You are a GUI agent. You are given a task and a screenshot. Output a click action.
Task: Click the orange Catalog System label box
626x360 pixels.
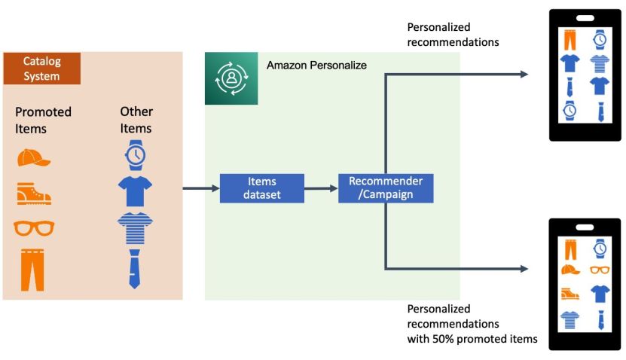point(41,69)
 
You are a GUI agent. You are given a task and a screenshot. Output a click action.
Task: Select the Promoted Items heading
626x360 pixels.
point(43,120)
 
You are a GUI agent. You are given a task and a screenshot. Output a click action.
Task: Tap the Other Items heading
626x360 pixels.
point(136,120)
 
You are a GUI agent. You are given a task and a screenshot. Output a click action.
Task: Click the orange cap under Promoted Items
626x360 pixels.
point(33,158)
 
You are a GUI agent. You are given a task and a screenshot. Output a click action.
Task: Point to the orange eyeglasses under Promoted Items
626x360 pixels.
point(34,227)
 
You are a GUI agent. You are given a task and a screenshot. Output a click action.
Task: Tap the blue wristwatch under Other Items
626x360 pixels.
point(136,154)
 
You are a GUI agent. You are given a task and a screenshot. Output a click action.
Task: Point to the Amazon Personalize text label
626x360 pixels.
point(316,66)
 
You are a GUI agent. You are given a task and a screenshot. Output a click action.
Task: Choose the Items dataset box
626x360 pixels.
point(261,188)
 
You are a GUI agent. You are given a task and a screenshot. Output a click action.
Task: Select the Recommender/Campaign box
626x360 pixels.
point(385,188)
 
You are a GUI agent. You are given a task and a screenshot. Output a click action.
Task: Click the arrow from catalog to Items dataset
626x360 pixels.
point(200,188)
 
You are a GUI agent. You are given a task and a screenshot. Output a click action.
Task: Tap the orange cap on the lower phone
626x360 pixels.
point(570,269)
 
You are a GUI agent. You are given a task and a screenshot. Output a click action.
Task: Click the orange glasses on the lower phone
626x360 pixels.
point(600,270)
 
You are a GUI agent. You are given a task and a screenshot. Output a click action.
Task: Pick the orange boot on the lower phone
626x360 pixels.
point(570,294)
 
